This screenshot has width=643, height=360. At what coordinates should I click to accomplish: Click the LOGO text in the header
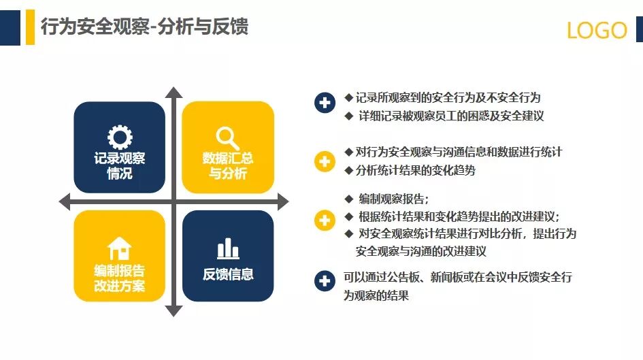pyautogui.click(x=597, y=30)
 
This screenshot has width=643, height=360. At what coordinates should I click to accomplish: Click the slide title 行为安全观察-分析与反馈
pyautogui.click(x=144, y=27)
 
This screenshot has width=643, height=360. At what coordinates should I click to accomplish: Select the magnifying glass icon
pyautogui.click(x=227, y=138)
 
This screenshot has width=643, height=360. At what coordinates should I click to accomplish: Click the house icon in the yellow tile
pyautogui.click(x=120, y=247)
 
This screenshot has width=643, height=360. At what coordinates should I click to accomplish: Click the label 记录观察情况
pyautogui.click(x=120, y=166)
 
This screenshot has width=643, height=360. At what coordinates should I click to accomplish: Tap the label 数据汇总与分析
pyautogui.click(x=228, y=166)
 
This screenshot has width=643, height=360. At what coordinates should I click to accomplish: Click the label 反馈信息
pyautogui.click(x=228, y=275)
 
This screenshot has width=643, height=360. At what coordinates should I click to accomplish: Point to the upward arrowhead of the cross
pyautogui.click(x=174, y=93)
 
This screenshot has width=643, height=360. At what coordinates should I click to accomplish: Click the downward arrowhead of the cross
pyautogui.click(x=174, y=311)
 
